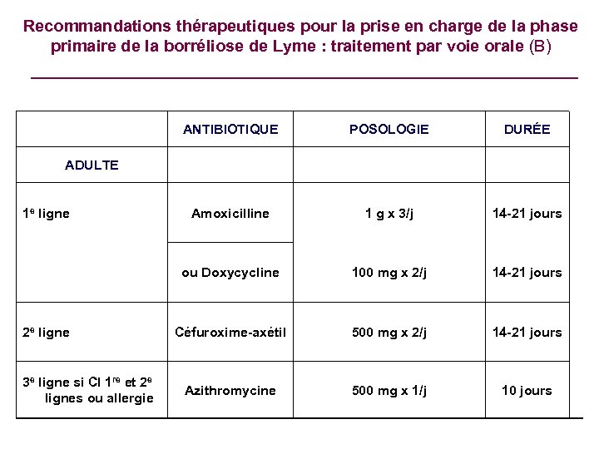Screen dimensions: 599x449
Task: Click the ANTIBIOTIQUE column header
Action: coord(230,130)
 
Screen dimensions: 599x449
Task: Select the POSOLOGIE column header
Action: coord(389,130)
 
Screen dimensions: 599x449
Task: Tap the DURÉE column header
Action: coord(527,130)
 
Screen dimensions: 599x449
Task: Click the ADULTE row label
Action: coord(92,165)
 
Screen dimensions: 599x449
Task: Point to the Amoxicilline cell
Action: coord(230,214)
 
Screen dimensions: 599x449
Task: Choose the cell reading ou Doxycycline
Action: coord(230,273)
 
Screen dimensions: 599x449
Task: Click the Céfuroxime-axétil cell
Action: coord(230,333)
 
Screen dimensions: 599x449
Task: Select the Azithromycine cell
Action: coord(230,391)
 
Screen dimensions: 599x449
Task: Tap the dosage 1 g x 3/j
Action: coord(389,214)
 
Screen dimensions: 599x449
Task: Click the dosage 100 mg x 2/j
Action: coord(389,273)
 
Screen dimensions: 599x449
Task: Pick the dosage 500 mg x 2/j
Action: coord(389,333)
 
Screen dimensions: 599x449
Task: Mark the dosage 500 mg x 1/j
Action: coord(389,391)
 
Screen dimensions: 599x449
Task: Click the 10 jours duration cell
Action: coord(527,391)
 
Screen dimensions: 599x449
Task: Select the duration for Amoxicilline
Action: coord(527,214)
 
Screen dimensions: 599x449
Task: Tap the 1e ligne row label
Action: coord(47,214)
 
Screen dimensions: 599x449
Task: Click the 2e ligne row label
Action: coord(47,333)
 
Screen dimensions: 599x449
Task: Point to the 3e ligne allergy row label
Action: coord(89,391)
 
